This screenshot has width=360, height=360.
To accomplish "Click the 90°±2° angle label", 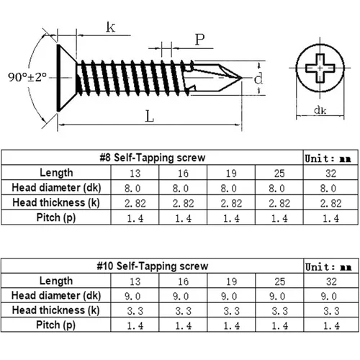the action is [x=27, y=77].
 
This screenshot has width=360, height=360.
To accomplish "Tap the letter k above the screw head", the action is [x=111, y=27].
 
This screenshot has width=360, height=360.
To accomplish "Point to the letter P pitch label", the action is [x=199, y=40].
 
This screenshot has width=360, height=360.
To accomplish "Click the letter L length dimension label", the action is [x=149, y=116].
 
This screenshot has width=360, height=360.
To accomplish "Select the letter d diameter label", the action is [x=258, y=78].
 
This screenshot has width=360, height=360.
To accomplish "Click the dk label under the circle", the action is [x=320, y=110].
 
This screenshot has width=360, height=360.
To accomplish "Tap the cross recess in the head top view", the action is [x=320, y=68].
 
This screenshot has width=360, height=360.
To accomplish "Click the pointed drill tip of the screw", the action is [x=241, y=78].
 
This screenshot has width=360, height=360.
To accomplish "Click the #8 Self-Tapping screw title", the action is [x=153, y=158].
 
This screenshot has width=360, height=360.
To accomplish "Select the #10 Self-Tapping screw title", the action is [x=153, y=266].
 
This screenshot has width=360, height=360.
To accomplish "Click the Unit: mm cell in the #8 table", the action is [x=328, y=158].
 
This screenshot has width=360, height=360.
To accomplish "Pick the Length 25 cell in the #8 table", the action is [x=279, y=174].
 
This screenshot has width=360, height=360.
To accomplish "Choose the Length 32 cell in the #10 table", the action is [x=331, y=282].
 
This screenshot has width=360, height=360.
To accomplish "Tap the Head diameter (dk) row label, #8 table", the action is [x=56, y=188].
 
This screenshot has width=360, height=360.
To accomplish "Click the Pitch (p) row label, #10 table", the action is [x=56, y=325].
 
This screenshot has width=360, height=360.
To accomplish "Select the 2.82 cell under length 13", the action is [x=135, y=204].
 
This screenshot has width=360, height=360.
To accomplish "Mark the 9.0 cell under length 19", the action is [x=229, y=297].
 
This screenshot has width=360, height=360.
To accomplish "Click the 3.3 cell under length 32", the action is [x=331, y=311].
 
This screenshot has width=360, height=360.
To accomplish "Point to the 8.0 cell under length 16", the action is [x=181, y=189].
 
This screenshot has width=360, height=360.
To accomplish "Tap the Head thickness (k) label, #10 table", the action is [x=56, y=310].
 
